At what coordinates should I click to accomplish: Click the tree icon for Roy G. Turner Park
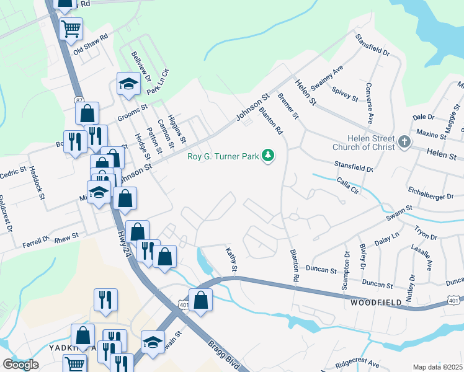pos(268,155)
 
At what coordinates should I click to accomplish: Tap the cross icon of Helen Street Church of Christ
pos(404,143)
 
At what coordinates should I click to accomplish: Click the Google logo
pos(20,364)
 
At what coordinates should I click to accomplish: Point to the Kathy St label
pos(232,260)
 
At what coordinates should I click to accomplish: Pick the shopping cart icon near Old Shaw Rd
pos(71,28)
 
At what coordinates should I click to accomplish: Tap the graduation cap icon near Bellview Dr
pos(128,84)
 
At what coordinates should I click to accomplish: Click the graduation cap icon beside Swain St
pos(152,342)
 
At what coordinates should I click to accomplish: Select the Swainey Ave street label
pos(328,81)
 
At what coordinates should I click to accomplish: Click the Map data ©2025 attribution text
pos(437,367)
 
